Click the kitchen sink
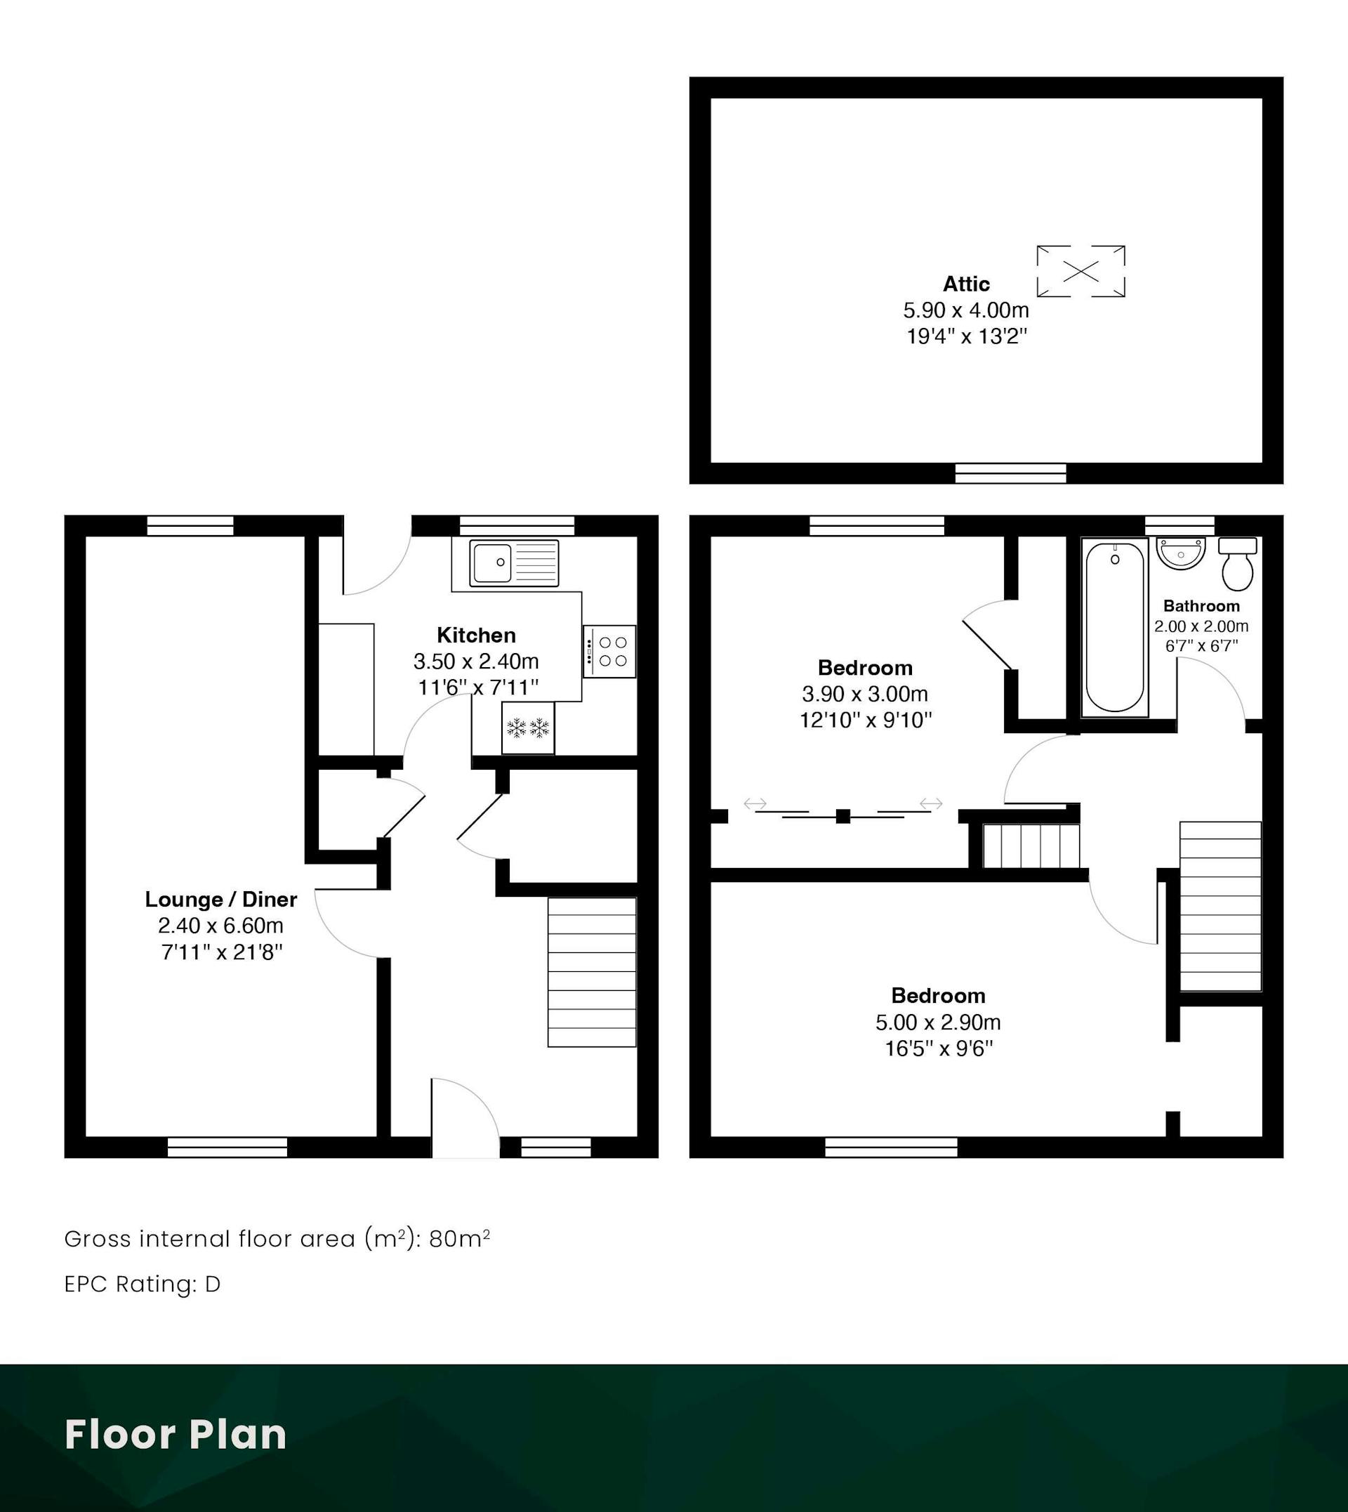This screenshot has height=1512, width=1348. (x=514, y=563)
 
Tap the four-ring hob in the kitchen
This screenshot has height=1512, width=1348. (x=609, y=652)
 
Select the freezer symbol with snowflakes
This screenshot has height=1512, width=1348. (x=528, y=728)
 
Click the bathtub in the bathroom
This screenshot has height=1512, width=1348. (x=1115, y=627)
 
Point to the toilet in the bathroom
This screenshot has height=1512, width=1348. (x=1238, y=564)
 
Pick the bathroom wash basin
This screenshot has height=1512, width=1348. (x=1182, y=553)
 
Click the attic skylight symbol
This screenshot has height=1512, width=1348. (x=1081, y=271)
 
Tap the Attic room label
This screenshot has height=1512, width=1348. (x=966, y=284)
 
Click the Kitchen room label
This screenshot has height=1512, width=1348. (x=476, y=635)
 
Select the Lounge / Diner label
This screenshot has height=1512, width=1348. (x=220, y=900)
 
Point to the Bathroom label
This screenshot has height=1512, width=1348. (x=1201, y=606)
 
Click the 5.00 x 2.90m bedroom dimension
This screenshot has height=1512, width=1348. (x=939, y=1023)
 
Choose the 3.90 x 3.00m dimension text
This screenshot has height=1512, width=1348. (x=865, y=694)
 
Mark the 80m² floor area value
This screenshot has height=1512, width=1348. (x=459, y=1239)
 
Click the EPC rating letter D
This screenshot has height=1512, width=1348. (x=213, y=1284)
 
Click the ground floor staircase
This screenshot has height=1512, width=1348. (x=592, y=972)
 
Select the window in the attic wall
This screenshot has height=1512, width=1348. (x=1010, y=473)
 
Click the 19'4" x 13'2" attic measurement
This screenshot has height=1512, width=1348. (x=967, y=337)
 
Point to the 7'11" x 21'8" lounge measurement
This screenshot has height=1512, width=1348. (x=222, y=953)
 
